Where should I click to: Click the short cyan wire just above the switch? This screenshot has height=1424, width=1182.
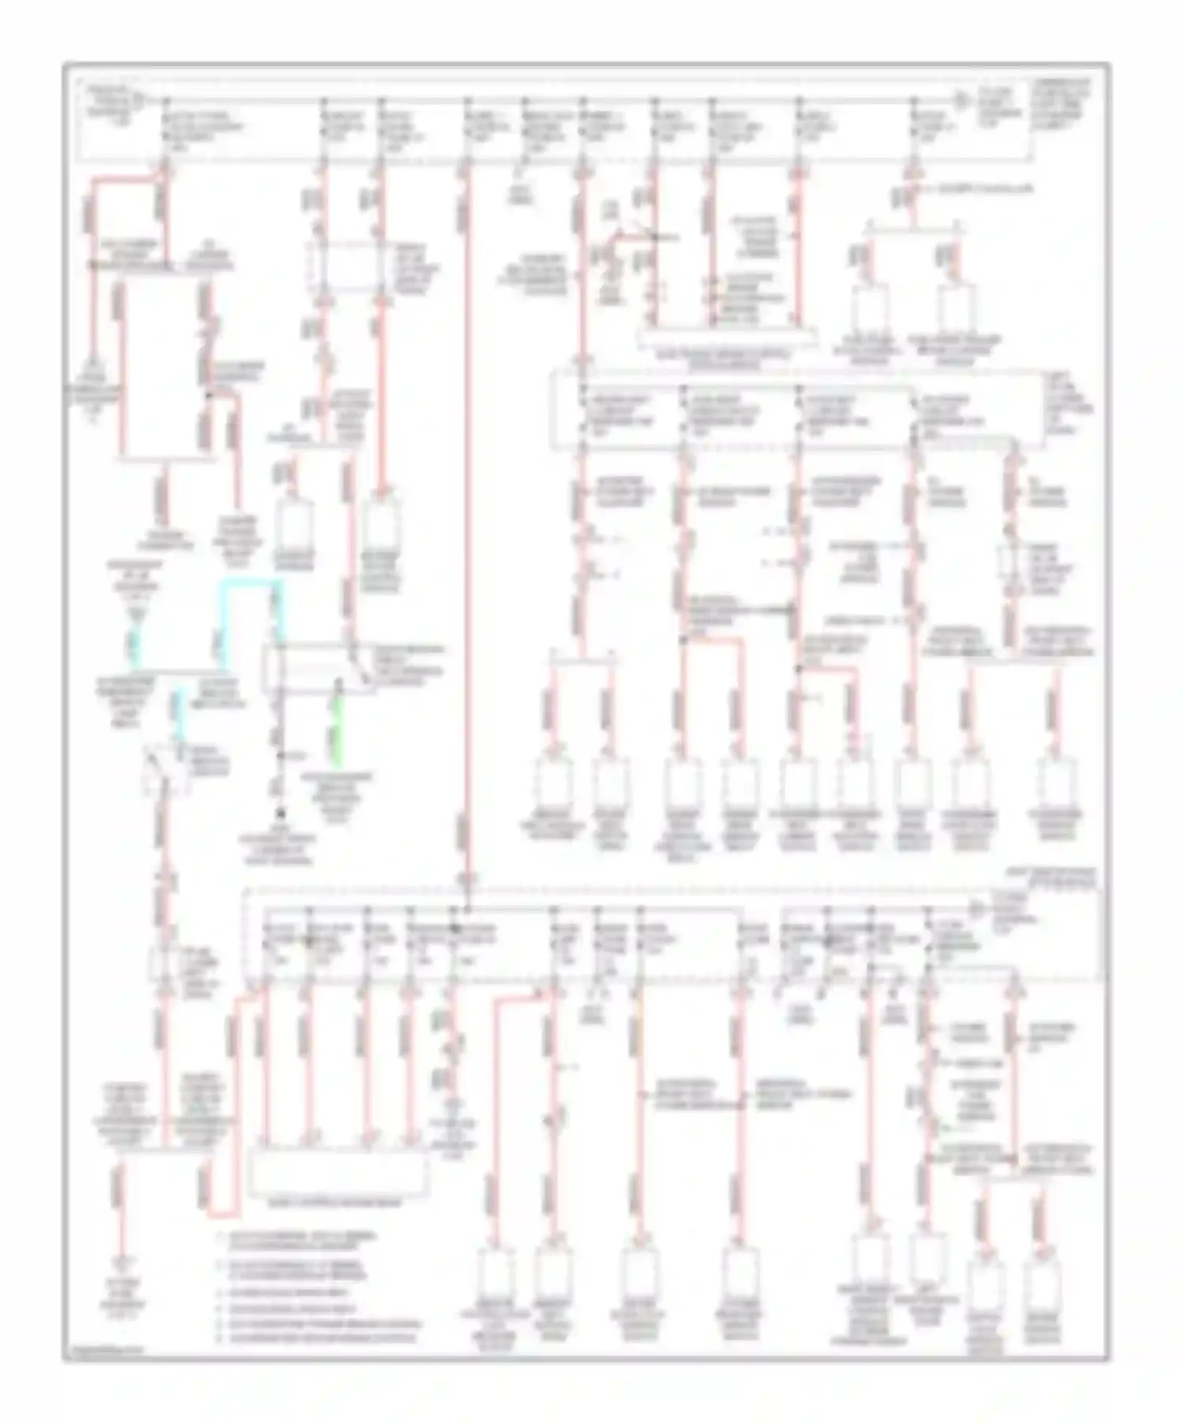[x=180, y=713]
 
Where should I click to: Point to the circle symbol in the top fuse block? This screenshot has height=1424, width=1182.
[x=959, y=100]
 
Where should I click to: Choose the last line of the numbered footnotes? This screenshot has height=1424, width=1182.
[x=315, y=1337]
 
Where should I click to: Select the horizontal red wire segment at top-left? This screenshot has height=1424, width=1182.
[x=126, y=180]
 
